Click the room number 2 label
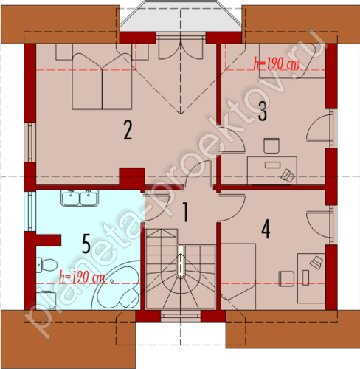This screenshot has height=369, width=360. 128,130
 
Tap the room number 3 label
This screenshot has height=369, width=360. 263,111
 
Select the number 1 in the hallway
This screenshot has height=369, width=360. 186,212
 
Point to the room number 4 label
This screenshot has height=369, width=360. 266,230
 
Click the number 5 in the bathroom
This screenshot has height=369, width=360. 86,244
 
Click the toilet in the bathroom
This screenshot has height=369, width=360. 46,265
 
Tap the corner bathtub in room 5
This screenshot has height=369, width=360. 116,286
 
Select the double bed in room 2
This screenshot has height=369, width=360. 102,81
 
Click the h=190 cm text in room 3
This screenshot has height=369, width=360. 277,64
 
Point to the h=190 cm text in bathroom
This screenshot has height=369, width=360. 82,277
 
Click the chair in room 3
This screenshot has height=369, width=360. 271,145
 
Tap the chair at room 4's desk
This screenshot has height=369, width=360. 286,279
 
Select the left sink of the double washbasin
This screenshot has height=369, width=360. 71,199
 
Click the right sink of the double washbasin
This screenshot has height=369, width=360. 89,199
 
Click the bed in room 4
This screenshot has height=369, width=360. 238,277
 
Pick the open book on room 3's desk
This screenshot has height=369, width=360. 288,176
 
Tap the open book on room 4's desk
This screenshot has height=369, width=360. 316,262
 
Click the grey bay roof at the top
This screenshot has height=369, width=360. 181,16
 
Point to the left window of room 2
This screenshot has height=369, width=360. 30,142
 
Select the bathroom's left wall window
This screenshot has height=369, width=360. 30,211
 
